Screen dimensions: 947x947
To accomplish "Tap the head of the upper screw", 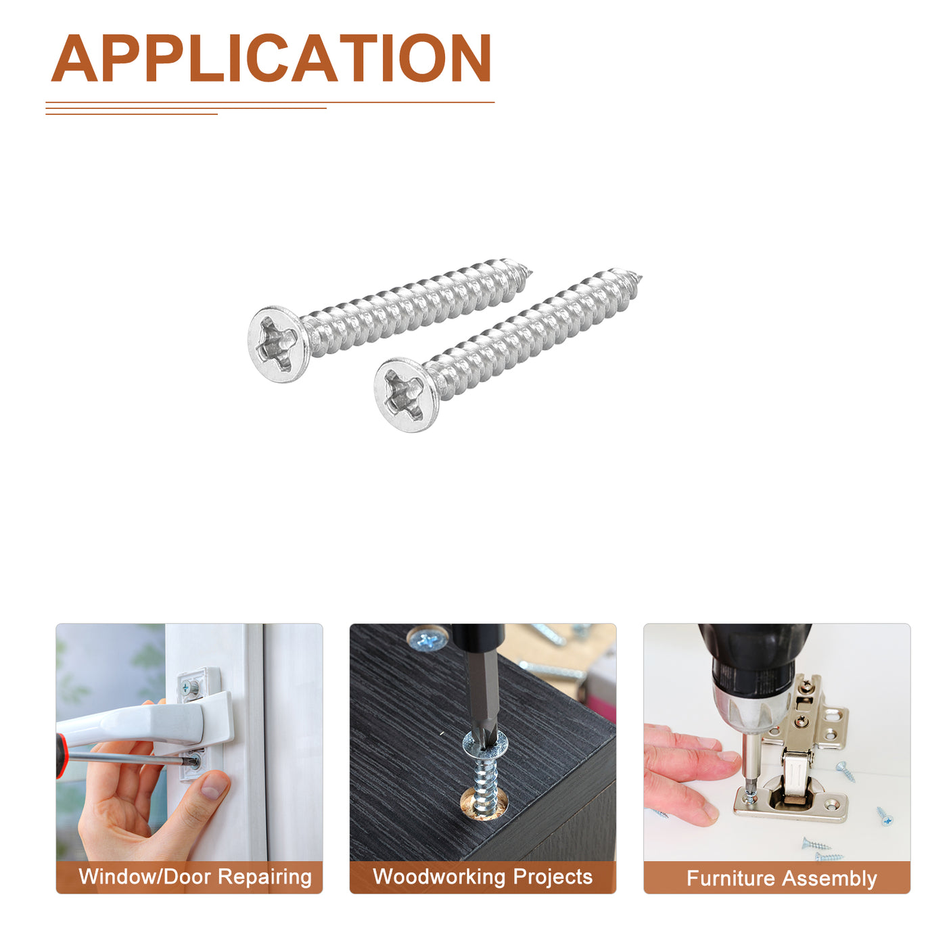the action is pos(278,344).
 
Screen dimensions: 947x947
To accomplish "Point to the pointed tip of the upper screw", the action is pos(532,271).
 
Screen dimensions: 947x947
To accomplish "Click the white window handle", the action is pos(147,720).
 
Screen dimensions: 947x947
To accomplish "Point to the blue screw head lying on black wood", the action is pos(428,639).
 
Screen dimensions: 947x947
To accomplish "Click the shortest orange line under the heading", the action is pos(131,114).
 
